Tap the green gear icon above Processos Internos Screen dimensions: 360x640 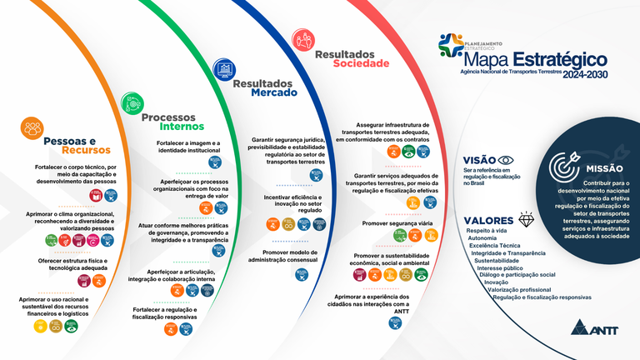132,102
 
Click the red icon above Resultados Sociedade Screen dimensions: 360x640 304,38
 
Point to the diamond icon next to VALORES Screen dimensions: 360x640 526,219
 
